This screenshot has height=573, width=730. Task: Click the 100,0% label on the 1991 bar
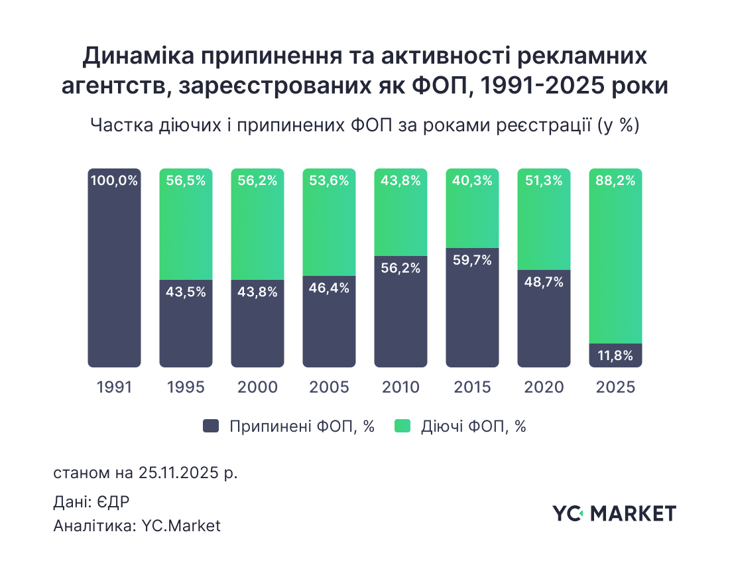tap(114, 180)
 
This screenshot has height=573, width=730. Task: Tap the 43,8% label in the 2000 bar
tap(257, 292)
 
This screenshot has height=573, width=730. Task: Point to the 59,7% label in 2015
tap(472, 261)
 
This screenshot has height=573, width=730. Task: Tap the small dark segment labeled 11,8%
tap(615, 355)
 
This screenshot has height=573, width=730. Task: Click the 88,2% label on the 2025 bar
tap(615, 180)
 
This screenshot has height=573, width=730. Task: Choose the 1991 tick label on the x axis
tap(114, 387)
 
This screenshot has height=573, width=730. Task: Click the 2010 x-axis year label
tap(400, 387)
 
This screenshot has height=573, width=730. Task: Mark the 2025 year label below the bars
tap(615, 387)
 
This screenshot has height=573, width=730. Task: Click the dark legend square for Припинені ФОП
tap(211, 426)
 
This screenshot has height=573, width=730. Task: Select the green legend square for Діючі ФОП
tap(402, 426)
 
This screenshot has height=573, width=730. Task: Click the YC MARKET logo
tap(614, 513)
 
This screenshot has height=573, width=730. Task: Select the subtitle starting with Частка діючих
tap(364, 125)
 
